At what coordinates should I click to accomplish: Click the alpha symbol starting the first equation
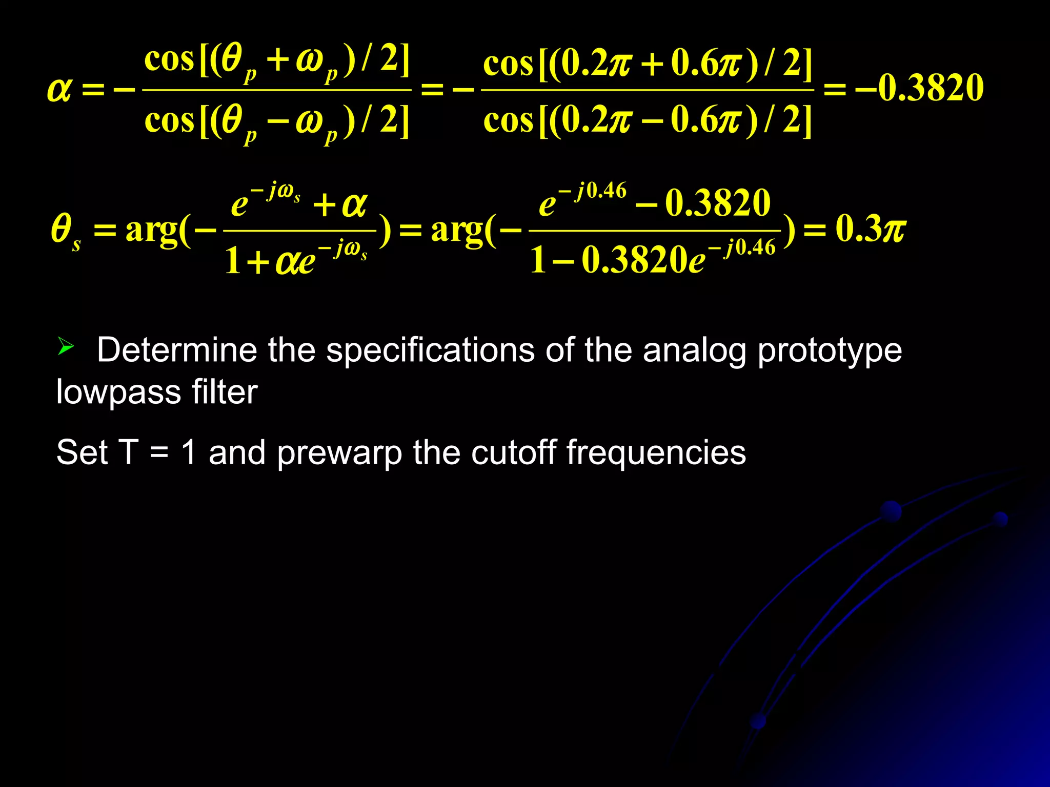pyautogui.click(x=59, y=90)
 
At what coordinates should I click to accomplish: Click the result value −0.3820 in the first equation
pyautogui.click(x=919, y=88)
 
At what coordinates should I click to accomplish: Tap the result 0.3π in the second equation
pyautogui.click(x=870, y=229)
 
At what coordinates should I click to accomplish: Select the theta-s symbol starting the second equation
pyautogui.click(x=65, y=230)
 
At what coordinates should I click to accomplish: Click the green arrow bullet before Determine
pyautogui.click(x=66, y=347)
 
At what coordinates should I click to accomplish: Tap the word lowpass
pyautogui.click(x=118, y=392)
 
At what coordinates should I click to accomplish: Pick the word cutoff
pyautogui.click(x=513, y=452)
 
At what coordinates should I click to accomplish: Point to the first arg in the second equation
pyautogui.click(x=151, y=231)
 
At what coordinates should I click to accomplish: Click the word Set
pyautogui.click(x=82, y=452)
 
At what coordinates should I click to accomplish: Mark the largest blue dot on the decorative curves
pyautogui.click(x=891, y=511)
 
